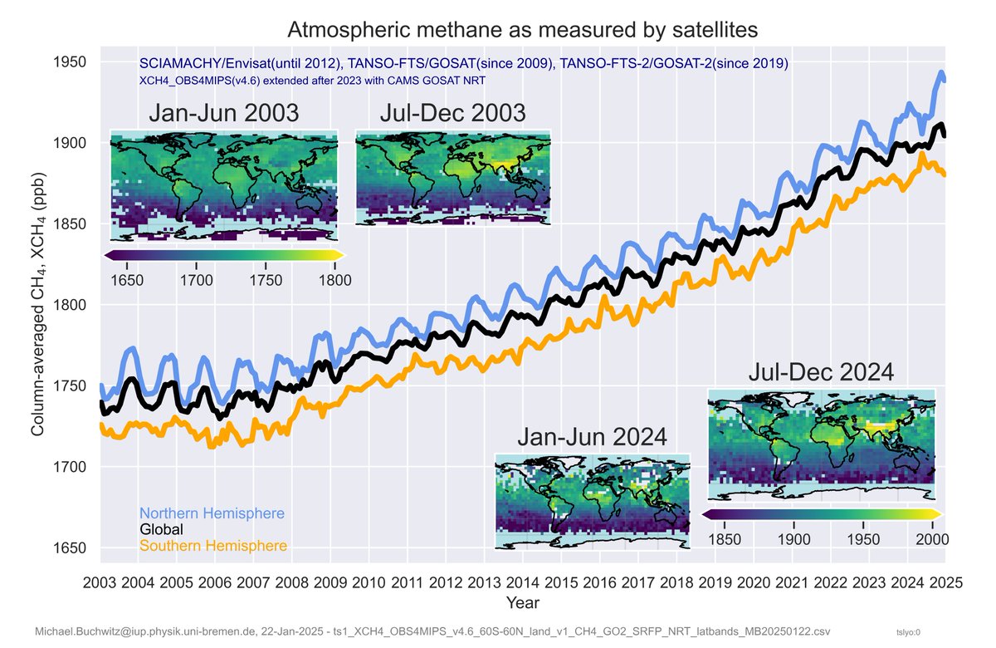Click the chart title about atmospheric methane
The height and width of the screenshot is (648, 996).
[522, 31]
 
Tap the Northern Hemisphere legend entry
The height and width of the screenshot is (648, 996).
[212, 513]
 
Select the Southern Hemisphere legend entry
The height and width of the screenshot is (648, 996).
[213, 546]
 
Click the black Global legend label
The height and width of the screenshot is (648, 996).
[161, 529]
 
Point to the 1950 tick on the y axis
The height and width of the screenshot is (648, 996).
[72, 62]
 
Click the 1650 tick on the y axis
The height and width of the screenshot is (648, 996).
[72, 548]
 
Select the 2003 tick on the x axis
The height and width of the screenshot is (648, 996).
[100, 582]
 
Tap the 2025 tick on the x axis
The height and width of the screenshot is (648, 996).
[945, 582]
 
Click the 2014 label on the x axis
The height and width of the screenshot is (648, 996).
[523, 582]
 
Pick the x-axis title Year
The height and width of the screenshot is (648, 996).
[523, 601]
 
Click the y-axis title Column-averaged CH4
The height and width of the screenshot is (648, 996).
[38, 305]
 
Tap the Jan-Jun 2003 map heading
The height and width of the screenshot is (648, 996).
[223, 113]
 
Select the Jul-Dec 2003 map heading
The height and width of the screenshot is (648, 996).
[452, 113]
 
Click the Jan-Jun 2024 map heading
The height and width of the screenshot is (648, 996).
[592, 436]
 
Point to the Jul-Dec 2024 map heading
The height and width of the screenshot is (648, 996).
[821, 371]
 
